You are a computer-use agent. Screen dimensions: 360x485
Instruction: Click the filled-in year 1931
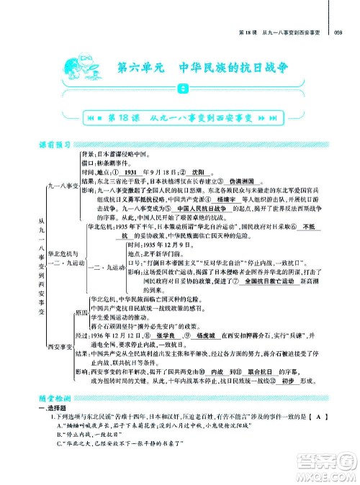130,173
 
